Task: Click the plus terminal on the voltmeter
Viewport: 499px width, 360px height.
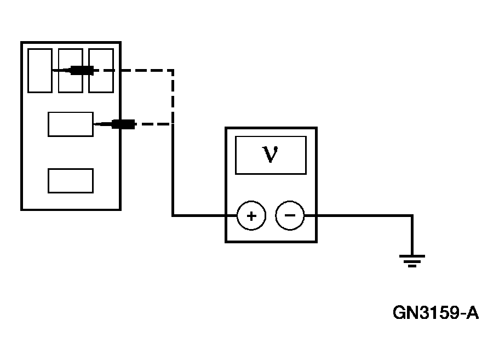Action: [251, 216]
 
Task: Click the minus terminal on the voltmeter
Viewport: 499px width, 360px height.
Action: [290, 216]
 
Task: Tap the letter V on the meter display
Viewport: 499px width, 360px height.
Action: [270, 155]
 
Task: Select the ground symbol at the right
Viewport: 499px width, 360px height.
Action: [412, 261]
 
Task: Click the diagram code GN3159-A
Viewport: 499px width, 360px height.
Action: [435, 313]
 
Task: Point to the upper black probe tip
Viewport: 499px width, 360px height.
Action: [82, 70]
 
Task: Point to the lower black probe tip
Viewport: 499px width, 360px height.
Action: [123, 124]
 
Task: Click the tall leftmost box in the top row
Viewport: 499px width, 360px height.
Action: [39, 70]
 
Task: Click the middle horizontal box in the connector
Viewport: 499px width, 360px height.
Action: [70, 124]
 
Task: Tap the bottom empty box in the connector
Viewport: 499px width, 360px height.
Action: [70, 181]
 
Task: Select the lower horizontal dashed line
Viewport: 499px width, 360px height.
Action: [153, 124]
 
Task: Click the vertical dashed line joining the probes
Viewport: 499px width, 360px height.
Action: [173, 96]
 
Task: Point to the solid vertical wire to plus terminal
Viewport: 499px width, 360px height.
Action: [173, 170]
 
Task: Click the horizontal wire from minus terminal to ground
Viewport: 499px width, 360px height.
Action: [362, 216]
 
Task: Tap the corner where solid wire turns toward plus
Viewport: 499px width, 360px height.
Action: [173, 216]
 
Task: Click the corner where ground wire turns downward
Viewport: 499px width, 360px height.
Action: [412, 216]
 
